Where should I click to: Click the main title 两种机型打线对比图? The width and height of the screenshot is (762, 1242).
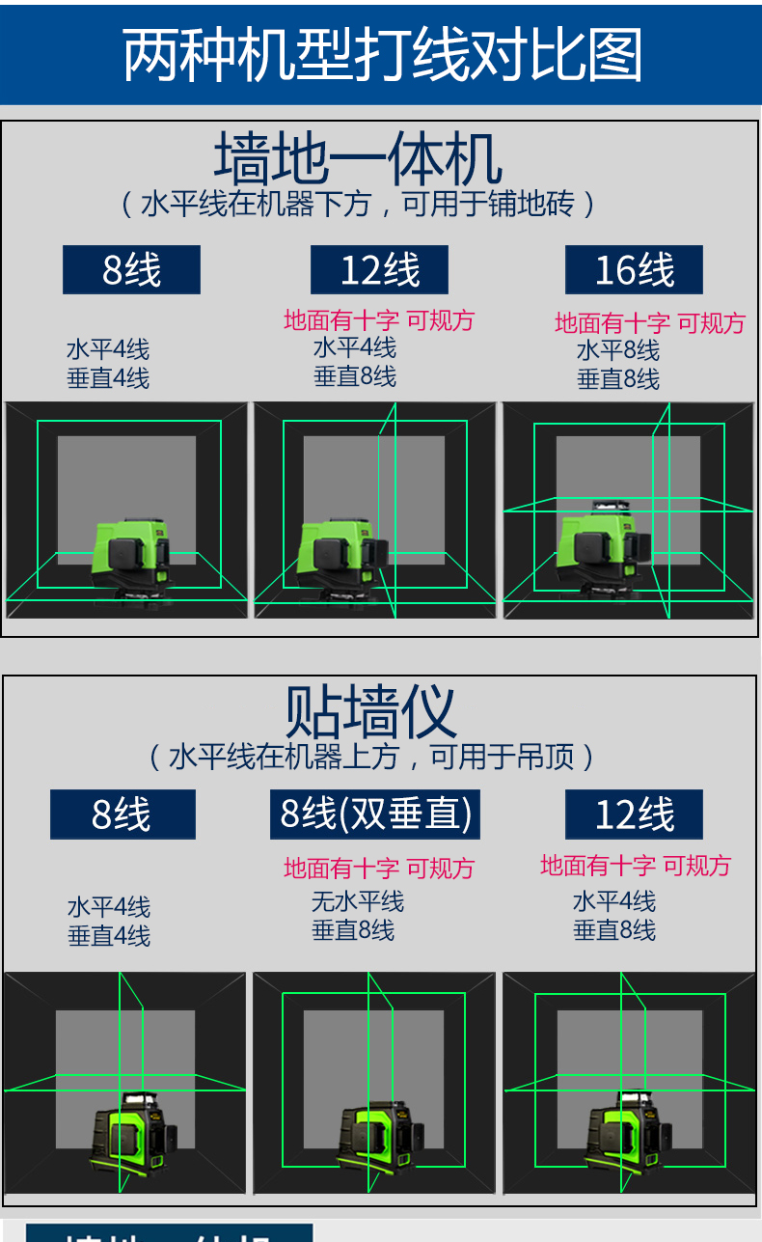click(381, 55)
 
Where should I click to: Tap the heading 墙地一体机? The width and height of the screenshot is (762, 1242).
click(358, 159)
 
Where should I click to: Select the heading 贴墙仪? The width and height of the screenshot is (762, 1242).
click(370, 711)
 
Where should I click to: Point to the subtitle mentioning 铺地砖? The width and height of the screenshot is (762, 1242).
click(358, 204)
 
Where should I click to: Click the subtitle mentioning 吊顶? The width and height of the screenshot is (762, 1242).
click(371, 757)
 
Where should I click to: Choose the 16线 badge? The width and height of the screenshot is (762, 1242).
click(634, 270)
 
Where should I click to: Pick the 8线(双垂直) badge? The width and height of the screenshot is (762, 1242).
click(375, 814)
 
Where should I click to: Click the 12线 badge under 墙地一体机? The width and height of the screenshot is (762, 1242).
click(379, 270)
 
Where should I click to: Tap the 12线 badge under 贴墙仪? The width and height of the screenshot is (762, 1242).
click(634, 814)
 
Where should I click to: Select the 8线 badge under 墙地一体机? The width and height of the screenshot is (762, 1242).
click(131, 270)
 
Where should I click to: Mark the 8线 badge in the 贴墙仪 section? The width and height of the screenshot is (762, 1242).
click(122, 814)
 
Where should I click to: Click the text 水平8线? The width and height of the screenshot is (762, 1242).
click(618, 350)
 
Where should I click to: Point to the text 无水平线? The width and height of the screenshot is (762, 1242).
click(358, 901)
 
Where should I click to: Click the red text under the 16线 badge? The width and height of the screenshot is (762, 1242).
click(650, 323)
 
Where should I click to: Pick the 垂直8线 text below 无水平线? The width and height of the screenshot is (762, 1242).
click(353, 930)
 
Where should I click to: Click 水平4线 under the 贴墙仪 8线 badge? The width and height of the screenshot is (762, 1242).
click(109, 907)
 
